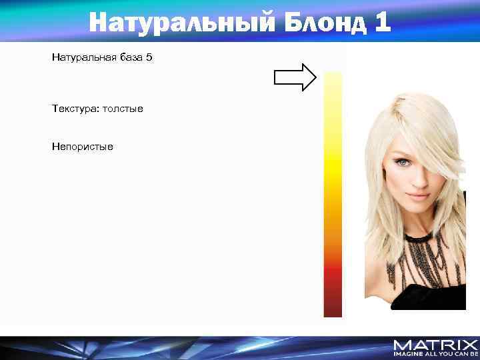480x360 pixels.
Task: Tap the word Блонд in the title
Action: [326, 22]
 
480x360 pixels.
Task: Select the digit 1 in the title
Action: [382, 22]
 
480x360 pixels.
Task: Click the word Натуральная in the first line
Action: [83, 58]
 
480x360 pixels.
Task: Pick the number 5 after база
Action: [149, 58]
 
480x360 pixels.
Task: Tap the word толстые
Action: [121, 108]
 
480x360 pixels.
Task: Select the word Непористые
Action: [83, 146]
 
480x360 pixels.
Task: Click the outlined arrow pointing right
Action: [295, 77]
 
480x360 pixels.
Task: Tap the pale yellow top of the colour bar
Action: [333, 83]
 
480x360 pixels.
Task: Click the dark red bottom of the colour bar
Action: [333, 303]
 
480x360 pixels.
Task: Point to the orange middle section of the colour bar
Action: [333, 220]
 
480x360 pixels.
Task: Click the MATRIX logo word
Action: [435, 345]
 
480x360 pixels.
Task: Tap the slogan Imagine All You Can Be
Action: [435, 355]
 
